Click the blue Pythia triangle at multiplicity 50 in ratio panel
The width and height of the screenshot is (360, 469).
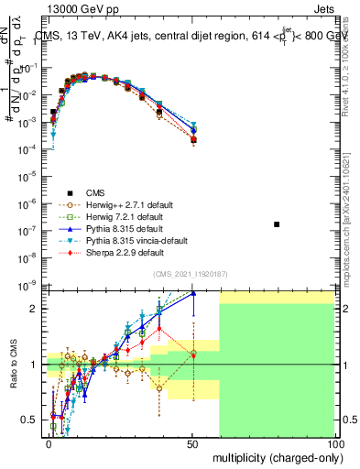[193, 293]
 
